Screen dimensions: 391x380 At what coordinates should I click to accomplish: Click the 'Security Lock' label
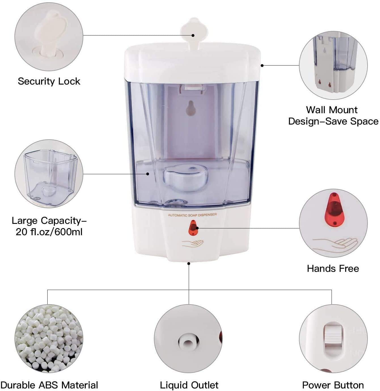[49, 81]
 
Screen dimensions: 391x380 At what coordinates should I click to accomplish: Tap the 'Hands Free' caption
[333, 268]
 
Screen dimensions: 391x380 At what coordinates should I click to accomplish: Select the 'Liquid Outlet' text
[189, 385]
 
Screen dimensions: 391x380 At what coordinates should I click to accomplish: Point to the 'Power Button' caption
[333, 385]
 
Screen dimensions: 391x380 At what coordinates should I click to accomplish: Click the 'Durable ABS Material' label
[49, 385]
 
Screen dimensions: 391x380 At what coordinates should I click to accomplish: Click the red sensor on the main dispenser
[193, 228]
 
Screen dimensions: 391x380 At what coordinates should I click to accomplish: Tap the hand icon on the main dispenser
[193, 243]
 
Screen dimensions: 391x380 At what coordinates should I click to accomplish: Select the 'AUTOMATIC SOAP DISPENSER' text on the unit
[192, 215]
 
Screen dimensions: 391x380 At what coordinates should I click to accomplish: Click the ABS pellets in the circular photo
[49, 339]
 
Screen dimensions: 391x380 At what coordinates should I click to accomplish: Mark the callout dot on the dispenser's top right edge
[262, 66]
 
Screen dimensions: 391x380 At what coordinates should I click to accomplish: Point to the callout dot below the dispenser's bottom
[189, 264]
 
